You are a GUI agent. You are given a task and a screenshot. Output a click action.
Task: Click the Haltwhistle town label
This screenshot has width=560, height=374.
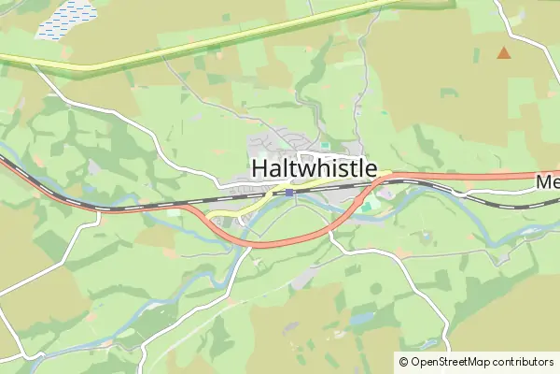tap(315, 168)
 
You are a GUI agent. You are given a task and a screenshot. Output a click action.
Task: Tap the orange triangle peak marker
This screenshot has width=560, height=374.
tap(504, 53)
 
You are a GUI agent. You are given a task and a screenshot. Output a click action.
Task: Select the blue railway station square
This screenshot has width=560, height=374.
tap(290, 193)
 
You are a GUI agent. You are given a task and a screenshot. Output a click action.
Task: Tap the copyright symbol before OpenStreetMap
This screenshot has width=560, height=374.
tap(403, 362)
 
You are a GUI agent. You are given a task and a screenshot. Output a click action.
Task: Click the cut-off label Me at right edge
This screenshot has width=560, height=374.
tap(547, 183)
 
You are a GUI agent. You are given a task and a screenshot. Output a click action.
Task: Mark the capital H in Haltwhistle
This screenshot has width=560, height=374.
tap(260, 168)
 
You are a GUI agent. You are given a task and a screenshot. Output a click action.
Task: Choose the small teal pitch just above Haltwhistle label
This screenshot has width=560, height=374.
tap(324, 146)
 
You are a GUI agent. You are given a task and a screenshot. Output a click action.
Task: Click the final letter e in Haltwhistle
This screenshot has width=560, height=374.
tap(371, 168)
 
